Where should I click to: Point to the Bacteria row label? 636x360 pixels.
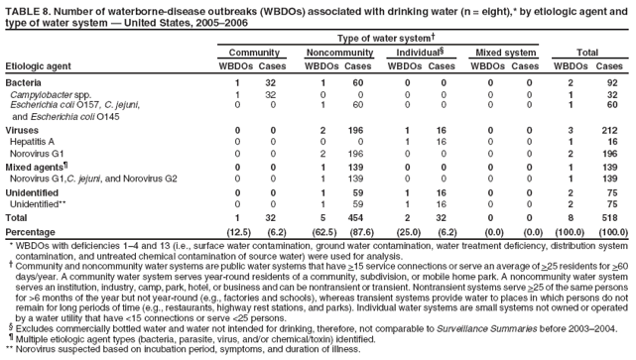tap(24, 81)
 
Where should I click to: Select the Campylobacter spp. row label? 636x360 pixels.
tap(50, 93)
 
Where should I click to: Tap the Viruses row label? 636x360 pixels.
tap(23, 130)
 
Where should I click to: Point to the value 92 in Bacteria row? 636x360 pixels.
tap(613, 81)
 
